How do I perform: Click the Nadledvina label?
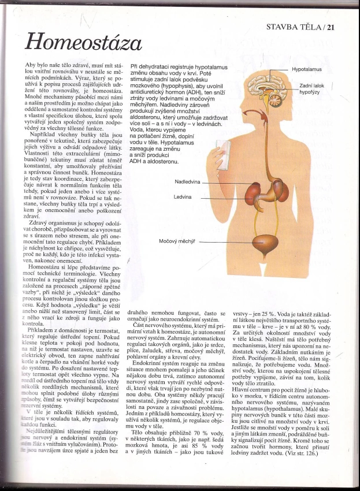(187, 181)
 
